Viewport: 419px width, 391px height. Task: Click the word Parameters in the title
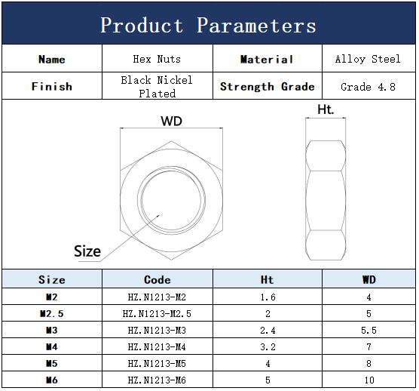(256, 26)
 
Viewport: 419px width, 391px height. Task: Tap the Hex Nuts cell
(157, 59)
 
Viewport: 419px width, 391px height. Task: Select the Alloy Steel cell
(368, 59)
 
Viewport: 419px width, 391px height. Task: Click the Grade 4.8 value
(368, 87)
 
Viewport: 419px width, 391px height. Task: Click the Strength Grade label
(268, 87)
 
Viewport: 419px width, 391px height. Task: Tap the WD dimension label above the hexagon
(171, 121)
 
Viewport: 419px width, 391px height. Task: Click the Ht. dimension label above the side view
(326, 109)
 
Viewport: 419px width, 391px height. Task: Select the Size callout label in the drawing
(87, 251)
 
